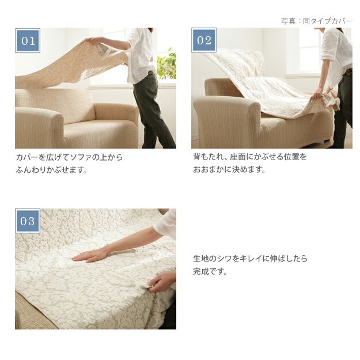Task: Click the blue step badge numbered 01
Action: point(28,41)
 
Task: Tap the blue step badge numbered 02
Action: point(204,40)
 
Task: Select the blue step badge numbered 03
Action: point(28,221)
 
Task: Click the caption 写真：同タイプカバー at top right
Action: point(316,21)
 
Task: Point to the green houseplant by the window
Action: point(166,63)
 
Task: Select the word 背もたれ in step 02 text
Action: point(208,157)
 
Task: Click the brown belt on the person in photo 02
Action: point(347,72)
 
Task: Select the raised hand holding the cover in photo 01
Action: point(92,41)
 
